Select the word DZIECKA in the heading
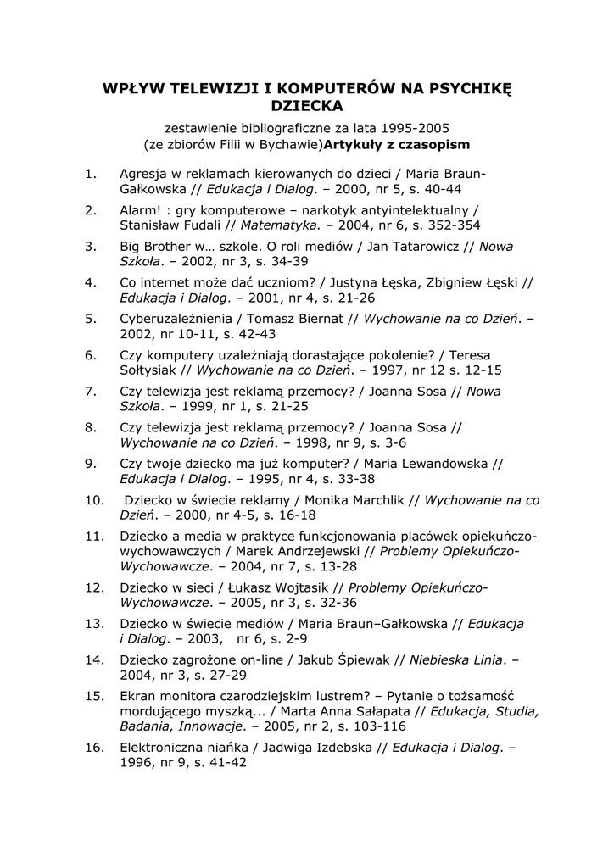point(307,106)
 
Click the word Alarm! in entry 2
point(142,209)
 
